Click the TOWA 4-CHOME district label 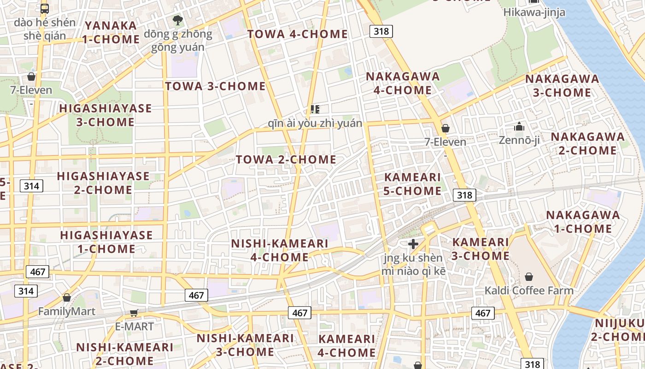pos(297,34)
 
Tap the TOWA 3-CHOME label pos(215,86)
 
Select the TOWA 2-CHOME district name pos(286,160)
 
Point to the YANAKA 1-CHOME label pos(111,32)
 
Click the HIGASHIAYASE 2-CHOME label pos(103,183)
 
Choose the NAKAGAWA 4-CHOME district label pos(403,83)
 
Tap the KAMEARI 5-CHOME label pos(412,184)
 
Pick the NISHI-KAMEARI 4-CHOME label pos(279,250)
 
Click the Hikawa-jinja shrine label pos(534,12)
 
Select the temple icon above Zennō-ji pos(519,126)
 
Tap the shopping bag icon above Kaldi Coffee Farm pos(528,277)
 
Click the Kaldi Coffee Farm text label pos(528,291)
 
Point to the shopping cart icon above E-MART pos(134,313)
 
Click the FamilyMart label pos(67,311)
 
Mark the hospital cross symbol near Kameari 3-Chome pos(413,244)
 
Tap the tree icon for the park pos(177,20)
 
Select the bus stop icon pos(45,8)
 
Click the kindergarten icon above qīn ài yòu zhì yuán pos(315,109)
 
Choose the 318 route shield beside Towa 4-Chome pos(381,31)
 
